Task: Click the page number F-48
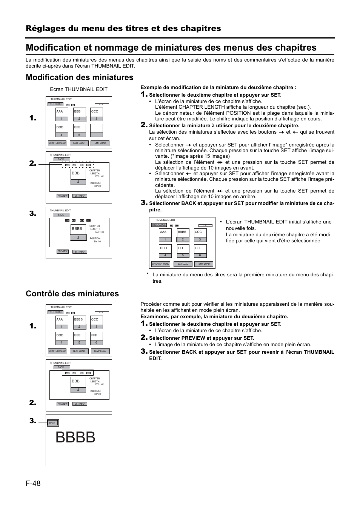pos(33,483)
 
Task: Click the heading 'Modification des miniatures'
pos(80,77)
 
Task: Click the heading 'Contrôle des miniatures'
pos(72,294)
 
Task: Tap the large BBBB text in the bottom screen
pos(75,438)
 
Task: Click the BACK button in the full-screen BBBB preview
pos(52,423)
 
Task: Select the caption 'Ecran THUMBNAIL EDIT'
pos(79,89)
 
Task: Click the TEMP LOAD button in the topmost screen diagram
pos(100,143)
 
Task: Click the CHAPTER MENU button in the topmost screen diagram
pos(57,143)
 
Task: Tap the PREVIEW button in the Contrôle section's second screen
pos(63,404)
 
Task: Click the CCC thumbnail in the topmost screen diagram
pos(97,114)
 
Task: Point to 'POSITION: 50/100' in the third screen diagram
pos(95,240)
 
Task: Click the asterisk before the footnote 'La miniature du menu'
pos(148,275)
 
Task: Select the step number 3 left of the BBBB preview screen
pos(33,421)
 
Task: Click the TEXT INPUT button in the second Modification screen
pos(80,196)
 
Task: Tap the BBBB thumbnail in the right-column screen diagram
pos(183,234)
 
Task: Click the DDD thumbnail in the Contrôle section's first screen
pos(62,337)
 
